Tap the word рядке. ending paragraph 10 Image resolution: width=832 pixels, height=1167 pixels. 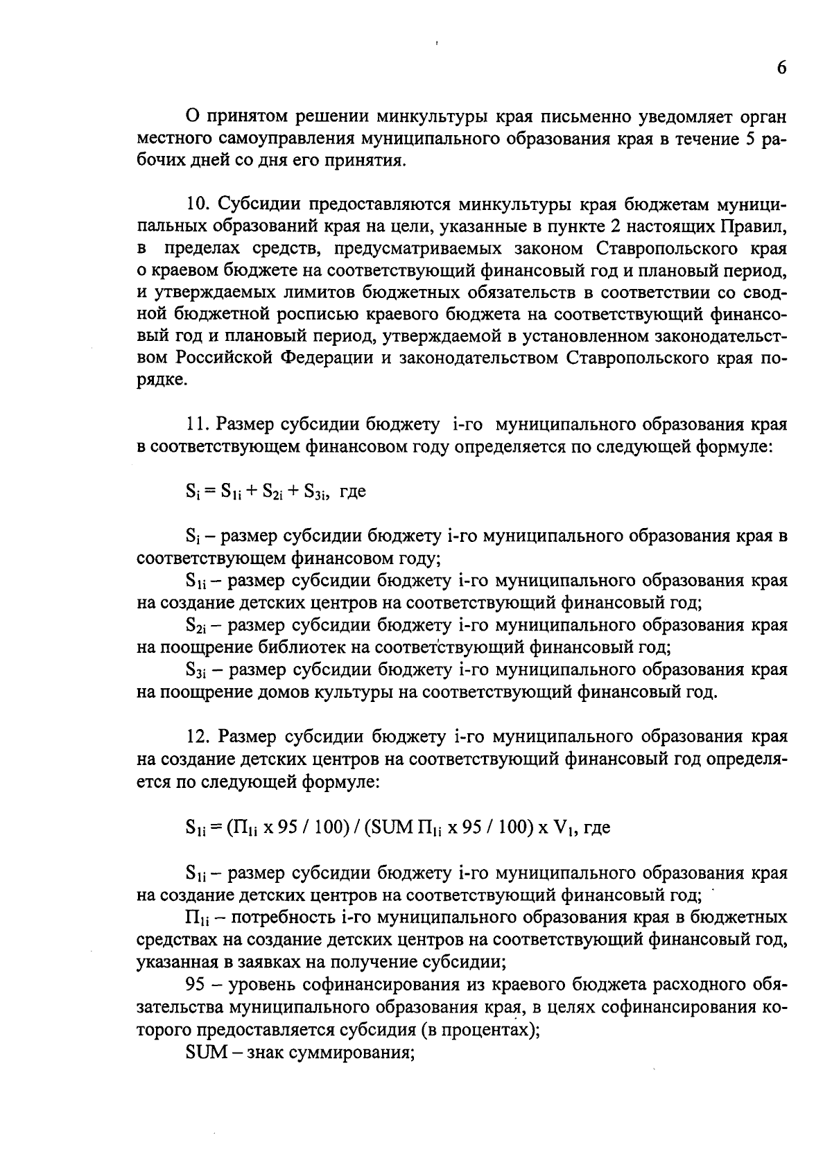(162, 380)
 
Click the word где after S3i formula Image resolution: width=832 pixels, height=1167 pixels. (353, 492)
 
